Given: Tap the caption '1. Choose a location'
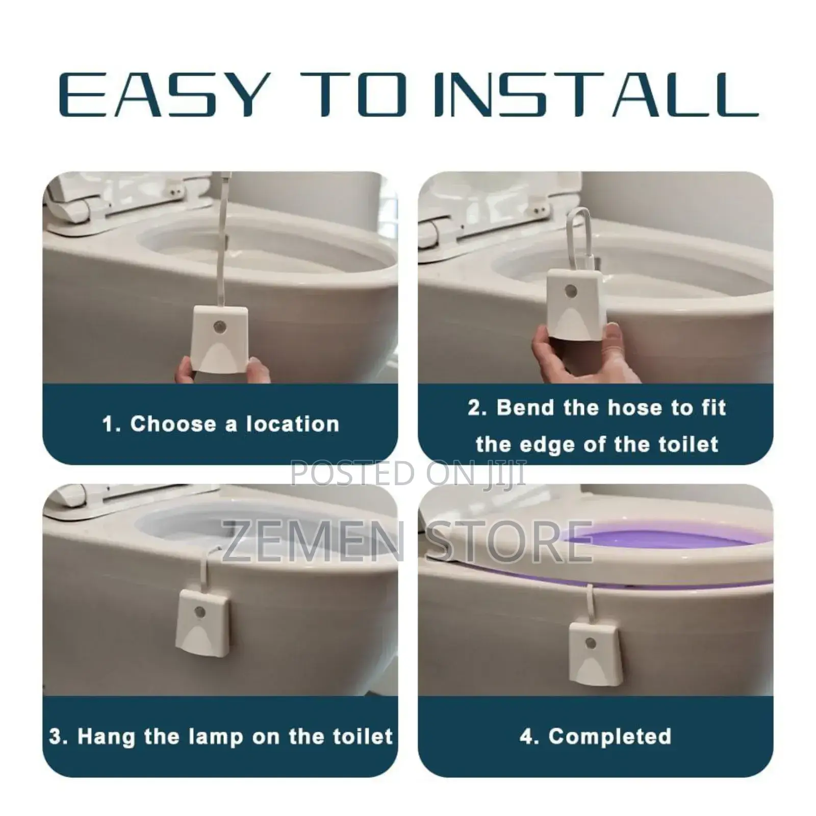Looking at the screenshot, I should [220, 424].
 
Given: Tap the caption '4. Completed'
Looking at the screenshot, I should [595, 736].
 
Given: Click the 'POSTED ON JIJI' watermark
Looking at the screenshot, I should [408, 472].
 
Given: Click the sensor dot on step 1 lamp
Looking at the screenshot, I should [220, 325].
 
